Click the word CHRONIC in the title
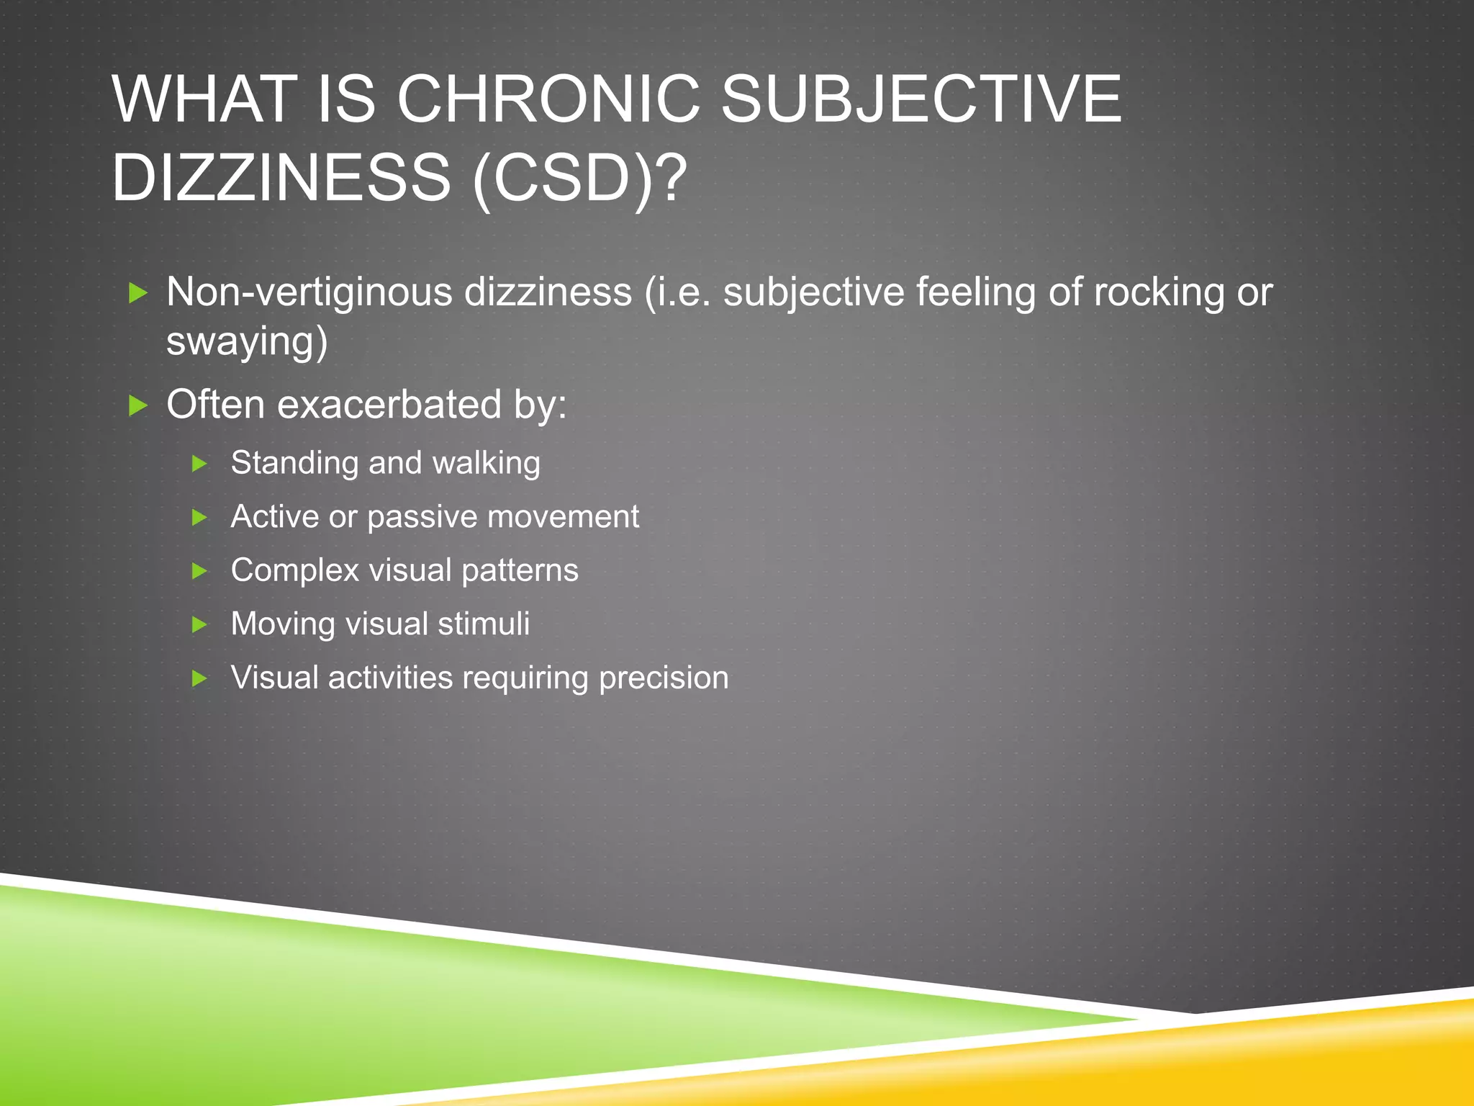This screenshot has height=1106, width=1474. [x=548, y=99]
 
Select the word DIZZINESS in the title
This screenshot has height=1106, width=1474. [x=281, y=178]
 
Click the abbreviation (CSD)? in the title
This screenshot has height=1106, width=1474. [x=579, y=178]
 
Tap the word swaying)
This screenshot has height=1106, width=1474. [x=247, y=341]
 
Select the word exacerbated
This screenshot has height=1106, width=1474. [x=389, y=404]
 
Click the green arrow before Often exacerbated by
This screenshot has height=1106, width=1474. [x=137, y=405]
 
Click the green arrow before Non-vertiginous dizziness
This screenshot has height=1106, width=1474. [x=137, y=293]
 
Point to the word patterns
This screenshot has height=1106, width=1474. [x=520, y=570]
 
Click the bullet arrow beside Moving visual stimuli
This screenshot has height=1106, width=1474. [x=200, y=624]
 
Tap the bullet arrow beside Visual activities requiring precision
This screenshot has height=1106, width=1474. [x=200, y=678]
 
